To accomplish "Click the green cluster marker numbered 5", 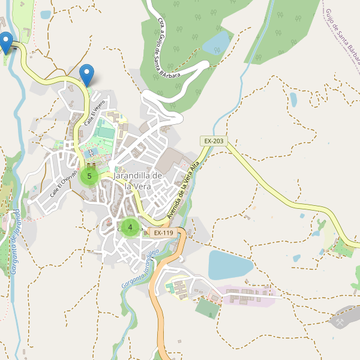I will pos(89,176).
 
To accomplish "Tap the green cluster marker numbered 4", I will pos(130,227).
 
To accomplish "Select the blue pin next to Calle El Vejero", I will pos(87,74).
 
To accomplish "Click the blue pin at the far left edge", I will pos(6,42).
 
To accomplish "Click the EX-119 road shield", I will pos(163,232).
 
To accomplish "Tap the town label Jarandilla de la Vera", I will pos(137,180).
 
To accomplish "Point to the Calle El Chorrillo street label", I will pos(64,183).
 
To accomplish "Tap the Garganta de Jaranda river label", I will pos(15,242).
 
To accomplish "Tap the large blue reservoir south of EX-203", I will pos(230,264).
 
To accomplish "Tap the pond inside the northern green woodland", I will pos(217,41).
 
